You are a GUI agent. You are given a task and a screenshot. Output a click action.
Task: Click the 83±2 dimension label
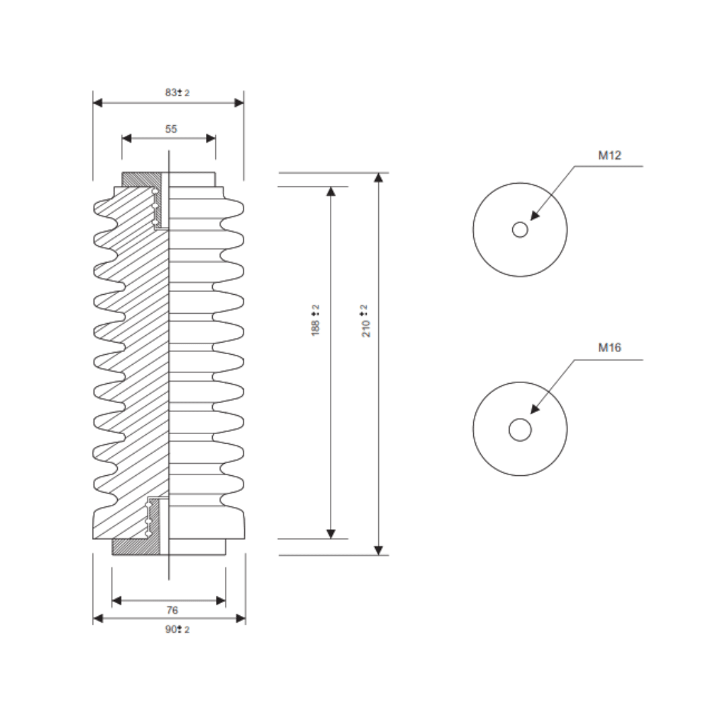[177, 92]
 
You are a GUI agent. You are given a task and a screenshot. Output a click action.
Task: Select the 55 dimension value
[171, 129]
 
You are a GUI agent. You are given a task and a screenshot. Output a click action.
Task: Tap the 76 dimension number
[172, 610]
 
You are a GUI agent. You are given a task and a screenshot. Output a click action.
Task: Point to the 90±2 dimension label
[177, 629]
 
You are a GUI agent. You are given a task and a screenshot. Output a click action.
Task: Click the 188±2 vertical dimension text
[315, 320]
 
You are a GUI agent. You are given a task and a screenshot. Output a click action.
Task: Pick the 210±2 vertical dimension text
[366, 320]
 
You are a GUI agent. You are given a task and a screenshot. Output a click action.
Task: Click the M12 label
[609, 155]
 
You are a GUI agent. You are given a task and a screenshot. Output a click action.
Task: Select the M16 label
[609, 347]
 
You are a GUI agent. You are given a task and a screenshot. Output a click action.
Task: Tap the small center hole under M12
[520, 230]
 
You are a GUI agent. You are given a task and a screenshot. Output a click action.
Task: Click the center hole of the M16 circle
[520, 429]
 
